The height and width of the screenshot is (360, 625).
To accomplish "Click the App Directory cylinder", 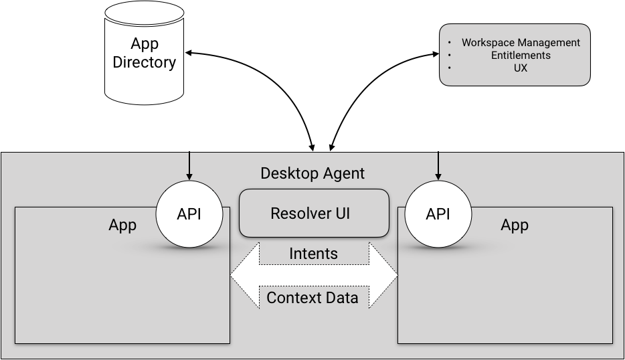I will point(145,54).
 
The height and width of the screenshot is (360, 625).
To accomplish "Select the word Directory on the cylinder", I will point(145,63).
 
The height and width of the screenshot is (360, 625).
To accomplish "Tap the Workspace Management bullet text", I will point(521,42).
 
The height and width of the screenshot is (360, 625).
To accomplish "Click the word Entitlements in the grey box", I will point(521,55).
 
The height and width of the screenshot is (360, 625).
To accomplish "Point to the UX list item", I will point(521,68).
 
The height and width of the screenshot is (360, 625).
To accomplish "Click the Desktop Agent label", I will point(312,173).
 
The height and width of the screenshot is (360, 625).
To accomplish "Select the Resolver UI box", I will point(314,213).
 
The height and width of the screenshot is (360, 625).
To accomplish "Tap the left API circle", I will point(189,214).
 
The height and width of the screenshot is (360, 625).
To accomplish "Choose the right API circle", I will point(438,214).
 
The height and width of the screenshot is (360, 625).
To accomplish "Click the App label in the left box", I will point(122,225).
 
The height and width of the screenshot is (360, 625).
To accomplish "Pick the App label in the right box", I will point(515,225).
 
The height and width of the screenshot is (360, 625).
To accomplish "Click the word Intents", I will point(313,254).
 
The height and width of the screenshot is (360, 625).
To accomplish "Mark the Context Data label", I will point(312,298).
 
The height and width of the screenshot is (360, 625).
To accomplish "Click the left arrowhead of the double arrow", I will point(242,275).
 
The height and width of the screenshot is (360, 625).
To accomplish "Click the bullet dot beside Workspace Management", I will point(450,43).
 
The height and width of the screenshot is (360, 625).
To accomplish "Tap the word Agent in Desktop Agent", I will point(343,173).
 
